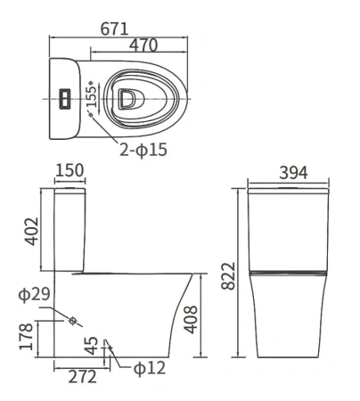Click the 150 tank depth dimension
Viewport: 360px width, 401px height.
(x=70, y=171)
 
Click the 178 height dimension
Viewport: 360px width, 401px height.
(x=26, y=337)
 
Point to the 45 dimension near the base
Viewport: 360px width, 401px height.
(x=90, y=344)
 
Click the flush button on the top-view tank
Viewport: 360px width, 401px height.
(x=63, y=97)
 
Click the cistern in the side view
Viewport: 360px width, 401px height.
(x=70, y=230)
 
